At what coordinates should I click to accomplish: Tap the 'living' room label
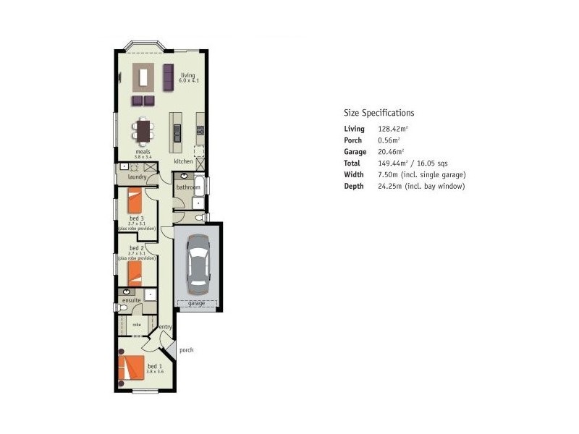(187, 75)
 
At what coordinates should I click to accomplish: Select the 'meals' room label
(142, 152)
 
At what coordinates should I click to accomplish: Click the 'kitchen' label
(183, 161)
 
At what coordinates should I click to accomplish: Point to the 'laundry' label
(137, 176)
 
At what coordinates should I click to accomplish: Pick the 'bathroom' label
(187, 187)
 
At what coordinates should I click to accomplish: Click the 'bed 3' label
(137, 218)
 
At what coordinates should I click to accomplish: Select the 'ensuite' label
(132, 299)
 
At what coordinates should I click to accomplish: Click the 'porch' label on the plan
(186, 350)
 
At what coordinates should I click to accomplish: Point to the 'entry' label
(165, 327)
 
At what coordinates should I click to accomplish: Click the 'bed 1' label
(155, 367)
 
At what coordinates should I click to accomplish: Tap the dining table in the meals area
(143, 131)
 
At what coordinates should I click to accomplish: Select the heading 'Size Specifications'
(379, 113)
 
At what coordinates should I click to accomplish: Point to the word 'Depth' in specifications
(353, 187)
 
